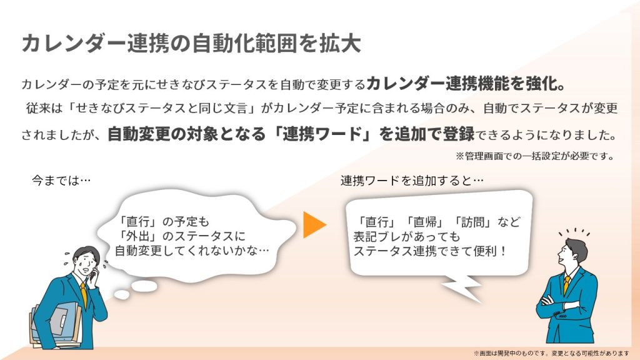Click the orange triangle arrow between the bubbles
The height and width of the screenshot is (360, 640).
(x=314, y=225)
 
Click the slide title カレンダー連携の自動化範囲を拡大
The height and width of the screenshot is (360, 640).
(x=191, y=44)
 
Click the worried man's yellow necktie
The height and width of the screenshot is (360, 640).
(x=83, y=293)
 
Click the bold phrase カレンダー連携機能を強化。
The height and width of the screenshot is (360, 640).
(x=466, y=84)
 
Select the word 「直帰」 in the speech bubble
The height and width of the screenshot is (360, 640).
(x=426, y=222)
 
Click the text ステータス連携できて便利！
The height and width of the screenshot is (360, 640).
(x=431, y=252)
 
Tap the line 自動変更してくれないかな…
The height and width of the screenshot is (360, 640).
(x=192, y=251)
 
